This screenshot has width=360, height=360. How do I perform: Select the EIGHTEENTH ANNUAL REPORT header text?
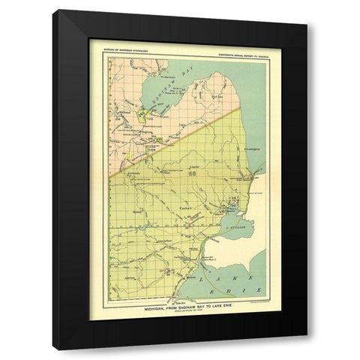click(x=233, y=50)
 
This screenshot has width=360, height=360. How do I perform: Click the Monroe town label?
click(x=190, y=276)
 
